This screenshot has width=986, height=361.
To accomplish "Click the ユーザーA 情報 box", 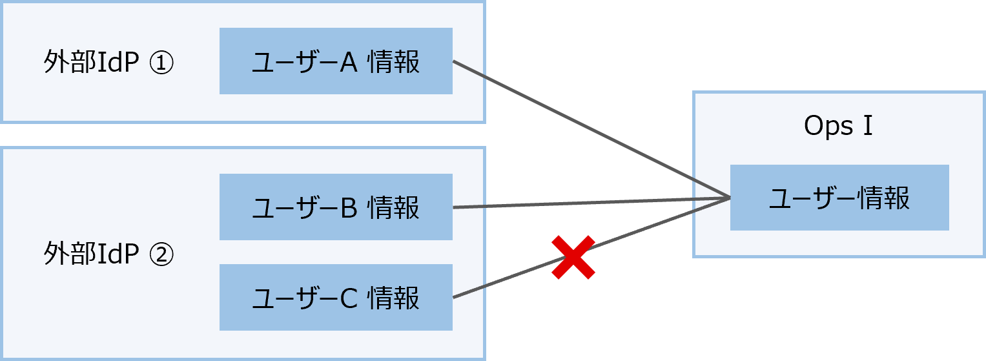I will pyautogui.click(x=336, y=61).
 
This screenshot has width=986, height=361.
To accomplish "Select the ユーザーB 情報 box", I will pyautogui.click(x=336, y=207).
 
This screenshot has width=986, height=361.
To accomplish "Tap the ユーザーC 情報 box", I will pyautogui.click(x=336, y=298).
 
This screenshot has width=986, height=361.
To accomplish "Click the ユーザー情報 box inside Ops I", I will pyautogui.click(x=839, y=198).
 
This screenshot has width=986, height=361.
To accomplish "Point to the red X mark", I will pyautogui.click(x=573, y=257).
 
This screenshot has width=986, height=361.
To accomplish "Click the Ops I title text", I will pyautogui.click(x=838, y=127).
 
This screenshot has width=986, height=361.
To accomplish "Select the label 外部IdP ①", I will pyautogui.click(x=108, y=63).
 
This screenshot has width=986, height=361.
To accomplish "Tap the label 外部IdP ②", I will pyautogui.click(x=108, y=255).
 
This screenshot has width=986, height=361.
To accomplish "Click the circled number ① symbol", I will pyautogui.click(x=161, y=64).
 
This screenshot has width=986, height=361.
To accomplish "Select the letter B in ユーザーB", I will pyautogui.click(x=348, y=208).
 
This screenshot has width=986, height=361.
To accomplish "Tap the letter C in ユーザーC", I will pyautogui.click(x=348, y=298).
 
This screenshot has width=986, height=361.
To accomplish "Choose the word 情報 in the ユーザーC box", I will pyautogui.click(x=393, y=298).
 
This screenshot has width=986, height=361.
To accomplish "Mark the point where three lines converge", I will pyautogui.click(x=729, y=197).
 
